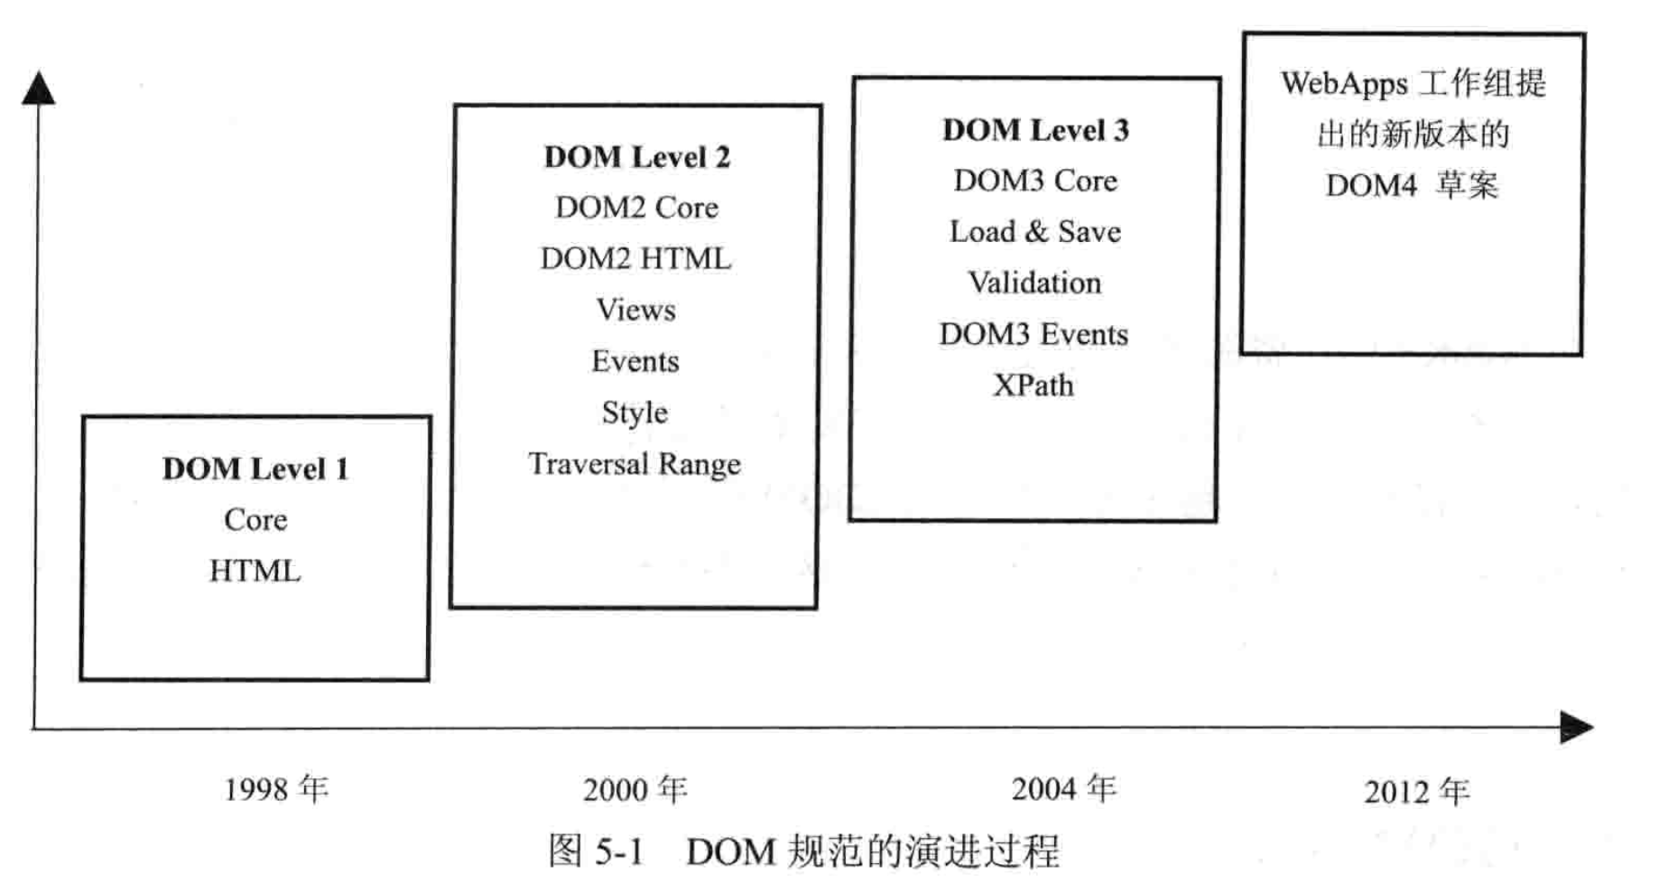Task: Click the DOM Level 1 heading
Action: [255, 469]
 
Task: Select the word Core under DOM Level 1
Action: [255, 520]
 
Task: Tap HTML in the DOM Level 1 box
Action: [255, 571]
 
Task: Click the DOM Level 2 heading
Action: [636, 157]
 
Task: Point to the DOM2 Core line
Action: [636, 208]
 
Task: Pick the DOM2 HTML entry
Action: [636, 259]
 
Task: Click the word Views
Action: [635, 311]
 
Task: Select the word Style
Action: [635, 413]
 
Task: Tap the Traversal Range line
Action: [635, 464]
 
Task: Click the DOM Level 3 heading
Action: [1035, 130]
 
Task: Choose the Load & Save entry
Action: [1035, 232]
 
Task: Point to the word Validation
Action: [1034, 283]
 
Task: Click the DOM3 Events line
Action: [1033, 335]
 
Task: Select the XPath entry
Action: [1033, 386]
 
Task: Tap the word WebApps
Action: [1344, 84]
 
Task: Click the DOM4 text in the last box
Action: [1371, 186]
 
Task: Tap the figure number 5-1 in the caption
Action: [619, 851]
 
